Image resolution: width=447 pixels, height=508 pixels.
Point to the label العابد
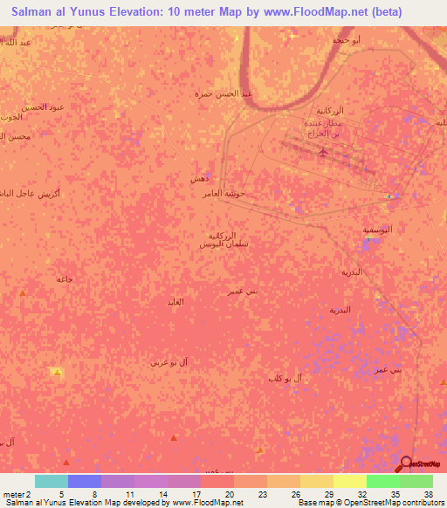pos(175,301)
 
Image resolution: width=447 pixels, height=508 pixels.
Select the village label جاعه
pos(64,278)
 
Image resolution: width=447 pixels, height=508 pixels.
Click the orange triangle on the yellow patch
pos(58,373)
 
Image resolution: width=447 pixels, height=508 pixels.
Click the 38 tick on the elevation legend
pos(429,494)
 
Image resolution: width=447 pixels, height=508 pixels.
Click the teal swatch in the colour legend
pos(52,481)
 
